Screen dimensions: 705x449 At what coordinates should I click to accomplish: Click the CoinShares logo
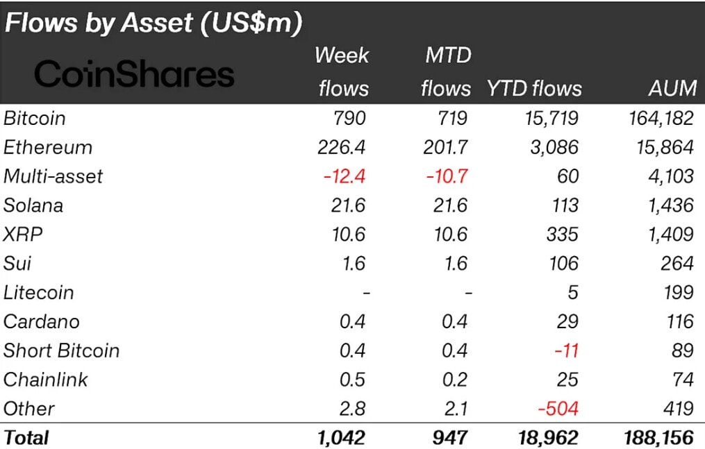click(x=134, y=74)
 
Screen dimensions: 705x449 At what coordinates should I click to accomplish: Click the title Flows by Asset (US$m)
click(x=154, y=23)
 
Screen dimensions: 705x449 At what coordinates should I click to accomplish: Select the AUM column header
click(x=672, y=88)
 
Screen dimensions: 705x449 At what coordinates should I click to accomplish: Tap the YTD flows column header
click(x=534, y=88)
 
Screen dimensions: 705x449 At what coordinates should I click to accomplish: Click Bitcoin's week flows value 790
click(x=349, y=119)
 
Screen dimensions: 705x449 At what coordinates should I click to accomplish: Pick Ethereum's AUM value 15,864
click(x=665, y=148)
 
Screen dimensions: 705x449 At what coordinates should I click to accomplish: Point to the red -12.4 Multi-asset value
click(x=345, y=176)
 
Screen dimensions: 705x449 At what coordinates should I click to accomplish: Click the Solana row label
click(x=33, y=205)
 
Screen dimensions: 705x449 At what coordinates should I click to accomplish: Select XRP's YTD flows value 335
click(x=562, y=235)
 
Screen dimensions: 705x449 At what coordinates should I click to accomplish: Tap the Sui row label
click(x=17, y=264)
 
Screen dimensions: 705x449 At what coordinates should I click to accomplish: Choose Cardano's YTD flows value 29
click(x=567, y=321)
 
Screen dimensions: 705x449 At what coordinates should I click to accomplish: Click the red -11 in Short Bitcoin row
click(x=567, y=350)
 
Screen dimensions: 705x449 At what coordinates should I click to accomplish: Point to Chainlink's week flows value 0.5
click(x=353, y=380)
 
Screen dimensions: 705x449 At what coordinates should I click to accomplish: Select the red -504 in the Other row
click(x=558, y=409)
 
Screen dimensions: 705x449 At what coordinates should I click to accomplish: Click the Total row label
click(x=26, y=438)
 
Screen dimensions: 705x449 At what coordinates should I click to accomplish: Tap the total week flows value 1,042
click(x=341, y=438)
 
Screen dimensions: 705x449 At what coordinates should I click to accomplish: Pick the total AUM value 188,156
click(x=658, y=438)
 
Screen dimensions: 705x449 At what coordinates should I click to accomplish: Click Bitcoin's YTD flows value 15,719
click(x=551, y=119)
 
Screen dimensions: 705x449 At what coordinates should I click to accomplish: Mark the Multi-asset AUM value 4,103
click(x=671, y=176)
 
